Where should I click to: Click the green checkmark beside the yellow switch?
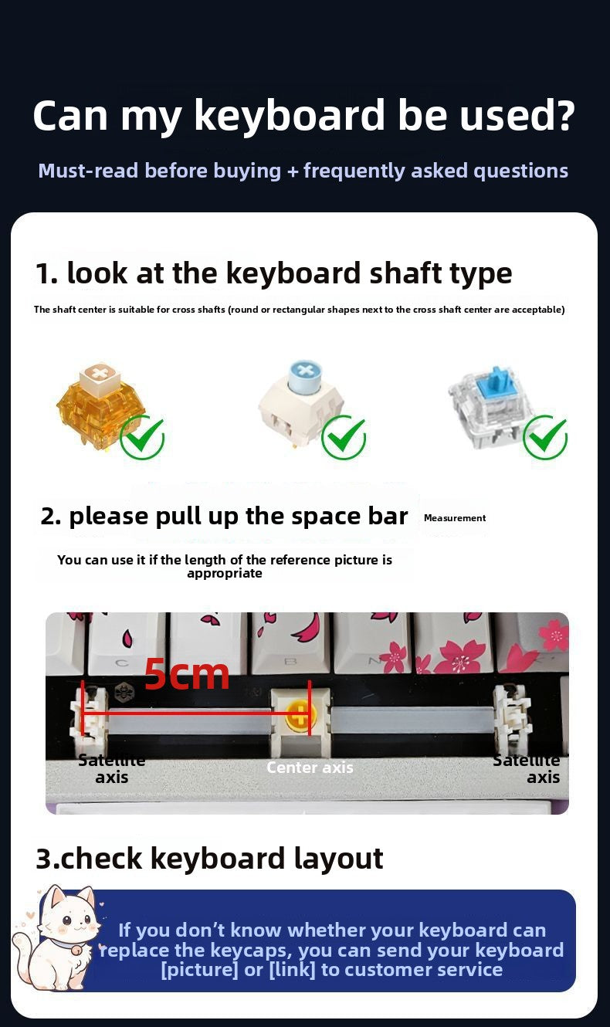click(x=142, y=437)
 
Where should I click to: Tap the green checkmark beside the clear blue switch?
click(x=545, y=437)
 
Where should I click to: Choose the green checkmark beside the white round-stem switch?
click(x=344, y=437)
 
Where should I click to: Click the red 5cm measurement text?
click(x=187, y=674)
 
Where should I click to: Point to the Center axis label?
click(x=310, y=768)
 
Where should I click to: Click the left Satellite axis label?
click(x=112, y=769)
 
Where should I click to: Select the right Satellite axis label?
click(x=527, y=769)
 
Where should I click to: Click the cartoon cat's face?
click(x=65, y=923)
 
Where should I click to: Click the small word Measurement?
click(x=455, y=518)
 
